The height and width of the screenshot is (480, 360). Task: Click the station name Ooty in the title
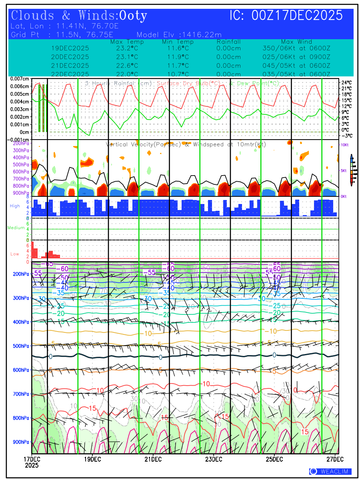(133, 16)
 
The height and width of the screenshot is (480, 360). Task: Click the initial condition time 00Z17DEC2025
(297, 16)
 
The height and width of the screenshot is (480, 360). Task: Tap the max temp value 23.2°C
(127, 48)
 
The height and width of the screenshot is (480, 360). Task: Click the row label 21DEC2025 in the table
(70, 66)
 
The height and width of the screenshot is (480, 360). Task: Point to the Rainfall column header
(228, 42)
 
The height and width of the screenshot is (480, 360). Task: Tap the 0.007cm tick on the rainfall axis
(20, 79)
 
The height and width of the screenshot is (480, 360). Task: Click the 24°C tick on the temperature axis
(346, 83)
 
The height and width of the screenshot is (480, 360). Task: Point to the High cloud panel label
(15, 206)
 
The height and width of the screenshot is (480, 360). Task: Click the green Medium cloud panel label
(16, 228)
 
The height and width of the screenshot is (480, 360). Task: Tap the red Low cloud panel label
(15, 254)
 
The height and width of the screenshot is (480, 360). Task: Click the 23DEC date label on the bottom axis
(214, 459)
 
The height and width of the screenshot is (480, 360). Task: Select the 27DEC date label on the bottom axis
(336, 459)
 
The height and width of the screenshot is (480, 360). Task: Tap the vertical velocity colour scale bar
(351, 170)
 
